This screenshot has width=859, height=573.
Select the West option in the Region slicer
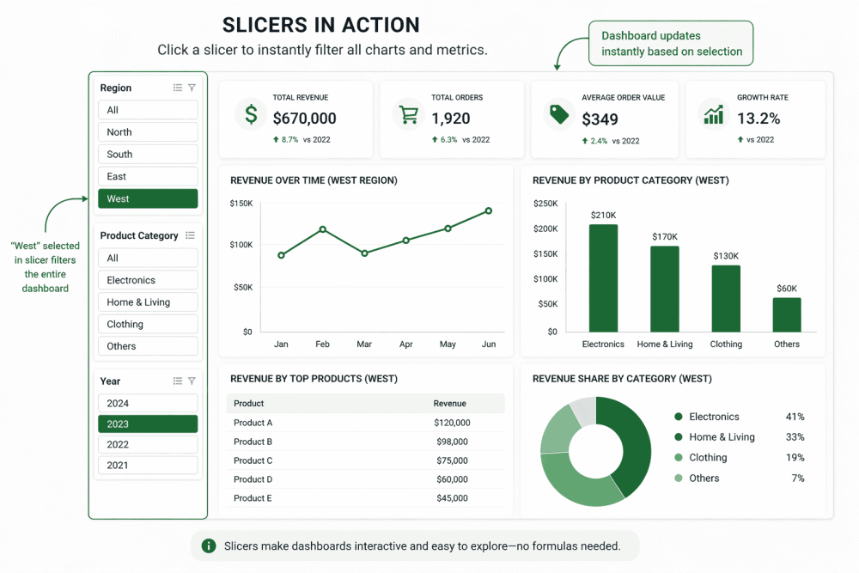tap(148, 198)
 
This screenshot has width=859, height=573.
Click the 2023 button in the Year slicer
tap(148, 424)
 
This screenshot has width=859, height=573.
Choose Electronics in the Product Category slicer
tap(148, 280)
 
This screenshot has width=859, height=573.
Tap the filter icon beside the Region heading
tap(192, 88)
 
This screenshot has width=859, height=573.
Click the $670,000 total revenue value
tap(304, 119)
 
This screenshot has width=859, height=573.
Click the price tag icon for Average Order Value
tap(559, 114)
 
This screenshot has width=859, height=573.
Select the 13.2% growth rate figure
tap(758, 119)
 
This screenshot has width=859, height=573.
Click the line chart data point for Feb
tap(323, 229)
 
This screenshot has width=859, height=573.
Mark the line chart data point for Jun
tap(489, 210)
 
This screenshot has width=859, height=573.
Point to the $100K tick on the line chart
tap(241, 245)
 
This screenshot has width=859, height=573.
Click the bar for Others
tap(786, 314)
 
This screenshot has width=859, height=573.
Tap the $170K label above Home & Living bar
tap(664, 236)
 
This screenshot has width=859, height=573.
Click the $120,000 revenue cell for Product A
tap(452, 423)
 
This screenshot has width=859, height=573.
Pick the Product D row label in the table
tap(253, 479)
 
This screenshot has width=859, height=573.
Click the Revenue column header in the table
tap(450, 403)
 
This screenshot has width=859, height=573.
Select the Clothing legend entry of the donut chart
tap(707, 458)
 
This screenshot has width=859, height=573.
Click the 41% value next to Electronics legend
tap(795, 417)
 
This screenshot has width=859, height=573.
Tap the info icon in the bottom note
tap(208, 546)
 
